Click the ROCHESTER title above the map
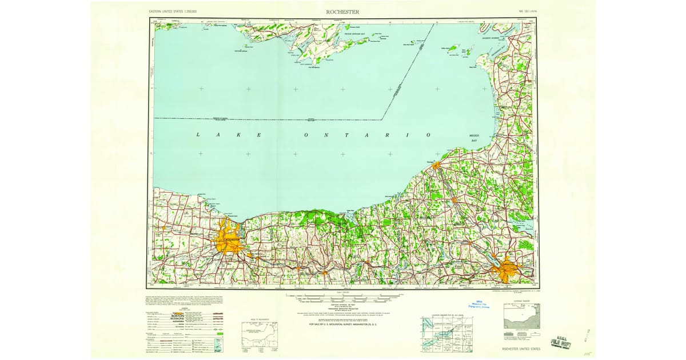tap(343, 12)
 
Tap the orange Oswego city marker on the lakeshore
tap(436, 166)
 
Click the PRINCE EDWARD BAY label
tap(358, 34)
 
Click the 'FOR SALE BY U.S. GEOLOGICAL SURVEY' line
tap(343, 324)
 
